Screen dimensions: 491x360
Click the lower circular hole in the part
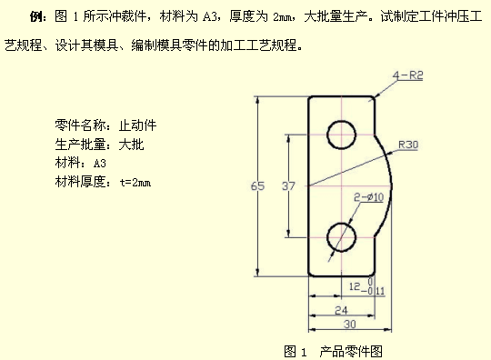click(342, 236)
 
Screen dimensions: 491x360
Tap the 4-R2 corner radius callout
click(407, 75)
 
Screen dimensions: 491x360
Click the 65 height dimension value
click(258, 185)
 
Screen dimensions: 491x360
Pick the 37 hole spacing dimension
click(289, 185)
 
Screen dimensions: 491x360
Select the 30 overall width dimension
click(349, 324)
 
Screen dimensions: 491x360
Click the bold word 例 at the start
click(36, 15)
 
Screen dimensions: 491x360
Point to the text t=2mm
click(134, 182)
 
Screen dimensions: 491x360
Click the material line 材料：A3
click(81, 163)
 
